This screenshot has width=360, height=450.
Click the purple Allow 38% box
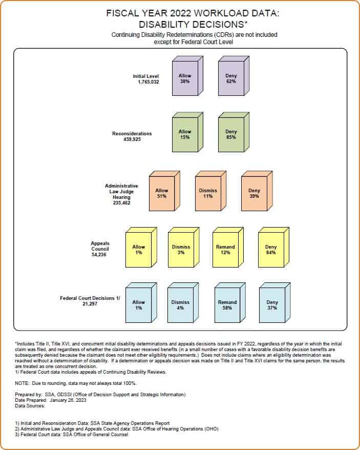[x=187, y=76]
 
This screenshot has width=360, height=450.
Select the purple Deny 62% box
[x=234, y=76]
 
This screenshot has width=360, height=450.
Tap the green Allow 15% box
[x=187, y=132]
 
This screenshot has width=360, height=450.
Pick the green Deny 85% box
[x=234, y=132]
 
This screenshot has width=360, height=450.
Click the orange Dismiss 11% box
[x=210, y=191]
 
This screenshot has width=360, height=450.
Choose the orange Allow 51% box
[x=164, y=191]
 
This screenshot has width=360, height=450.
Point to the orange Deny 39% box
[x=257, y=191]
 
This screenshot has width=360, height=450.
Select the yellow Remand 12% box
[x=228, y=248]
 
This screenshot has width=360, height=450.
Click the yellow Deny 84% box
[x=273, y=248]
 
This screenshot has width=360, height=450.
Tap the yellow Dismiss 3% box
[x=184, y=248]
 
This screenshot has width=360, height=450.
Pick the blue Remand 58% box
[x=230, y=303]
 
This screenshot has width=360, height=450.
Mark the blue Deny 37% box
[x=275, y=303]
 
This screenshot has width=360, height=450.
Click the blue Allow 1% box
[x=141, y=303]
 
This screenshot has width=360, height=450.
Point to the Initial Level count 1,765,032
[x=149, y=82]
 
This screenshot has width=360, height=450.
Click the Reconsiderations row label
[x=132, y=133]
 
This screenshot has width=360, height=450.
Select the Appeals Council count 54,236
[x=99, y=255]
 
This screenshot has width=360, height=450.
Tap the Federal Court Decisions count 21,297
[x=90, y=303]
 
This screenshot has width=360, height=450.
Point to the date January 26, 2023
[x=68, y=400]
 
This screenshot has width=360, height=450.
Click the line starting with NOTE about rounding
[x=76, y=383]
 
